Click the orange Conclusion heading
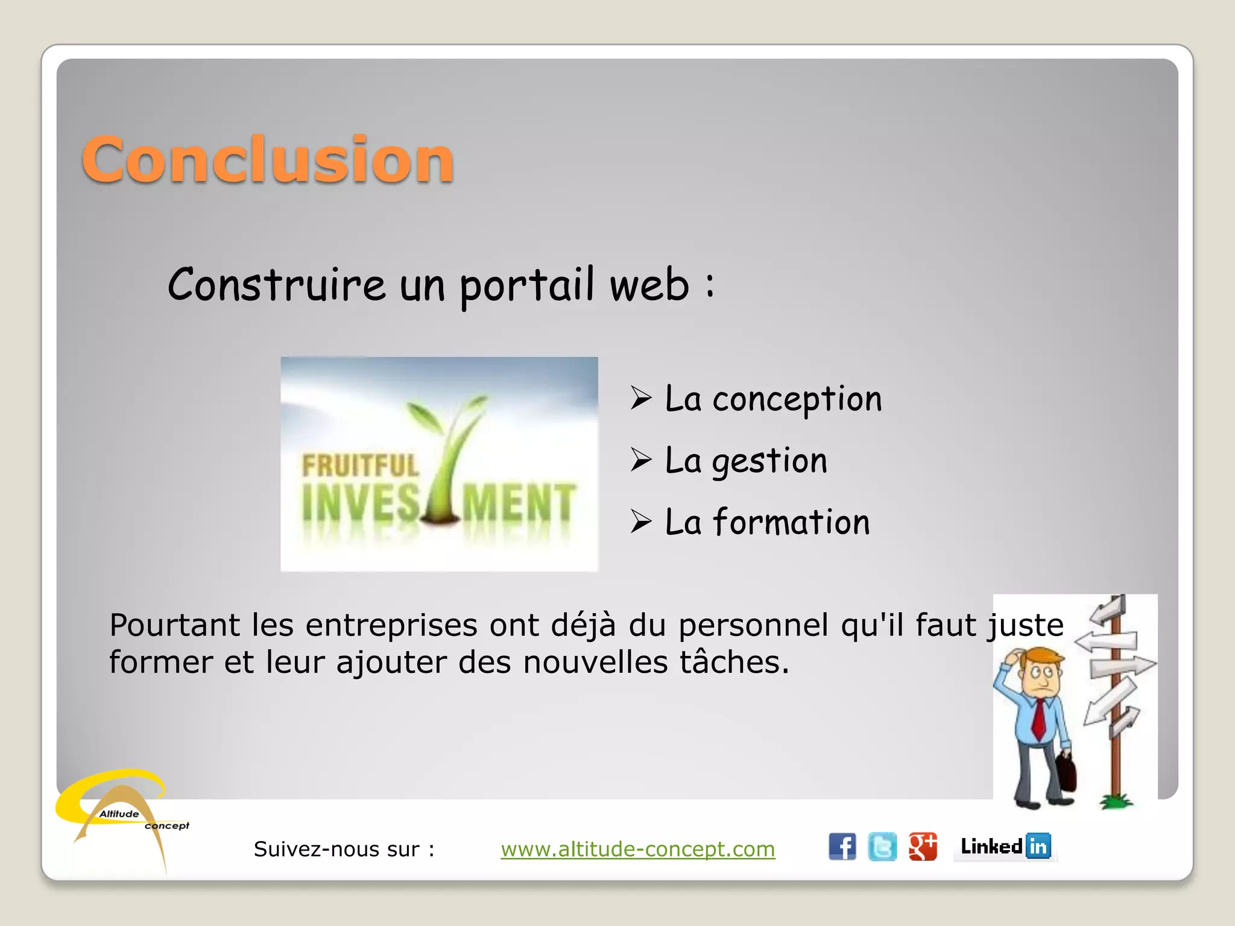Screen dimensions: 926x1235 point(268,159)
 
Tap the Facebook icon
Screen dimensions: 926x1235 point(842,846)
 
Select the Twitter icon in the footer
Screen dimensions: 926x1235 point(882,846)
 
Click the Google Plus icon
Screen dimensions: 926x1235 point(923,846)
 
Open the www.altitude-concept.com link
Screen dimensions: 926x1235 point(637,849)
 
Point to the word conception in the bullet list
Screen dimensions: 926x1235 point(797,400)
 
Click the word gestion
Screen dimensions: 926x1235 point(769,462)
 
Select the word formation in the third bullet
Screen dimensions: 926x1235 point(791,522)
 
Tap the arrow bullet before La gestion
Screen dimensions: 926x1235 point(641,460)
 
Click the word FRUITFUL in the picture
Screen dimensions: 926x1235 point(360,466)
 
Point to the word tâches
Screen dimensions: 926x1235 point(734,662)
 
